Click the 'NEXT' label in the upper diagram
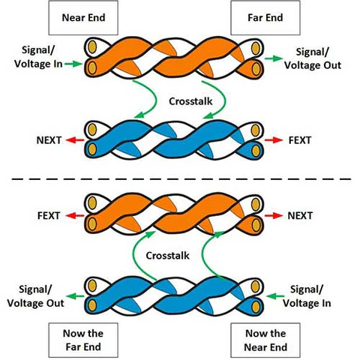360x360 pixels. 49,140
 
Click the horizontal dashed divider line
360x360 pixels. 180,178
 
